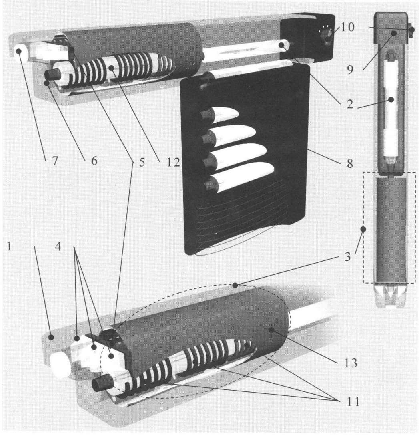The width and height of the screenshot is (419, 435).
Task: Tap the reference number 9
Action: point(350,70)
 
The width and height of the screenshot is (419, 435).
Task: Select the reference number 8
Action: point(350,163)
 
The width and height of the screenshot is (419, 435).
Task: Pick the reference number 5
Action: point(142,162)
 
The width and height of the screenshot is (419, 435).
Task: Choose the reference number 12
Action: point(173,162)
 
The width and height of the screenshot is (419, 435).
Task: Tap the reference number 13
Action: point(351,362)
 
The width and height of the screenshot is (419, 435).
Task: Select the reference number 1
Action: point(10,246)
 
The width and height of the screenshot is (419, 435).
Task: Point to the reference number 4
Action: point(58,246)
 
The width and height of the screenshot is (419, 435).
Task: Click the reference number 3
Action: point(347,257)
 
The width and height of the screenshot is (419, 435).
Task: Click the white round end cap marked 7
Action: point(21,53)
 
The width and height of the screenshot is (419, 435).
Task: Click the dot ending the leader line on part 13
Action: point(272,330)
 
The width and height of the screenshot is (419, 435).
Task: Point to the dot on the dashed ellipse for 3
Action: point(235,285)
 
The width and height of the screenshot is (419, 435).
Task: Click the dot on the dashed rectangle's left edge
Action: point(363,229)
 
